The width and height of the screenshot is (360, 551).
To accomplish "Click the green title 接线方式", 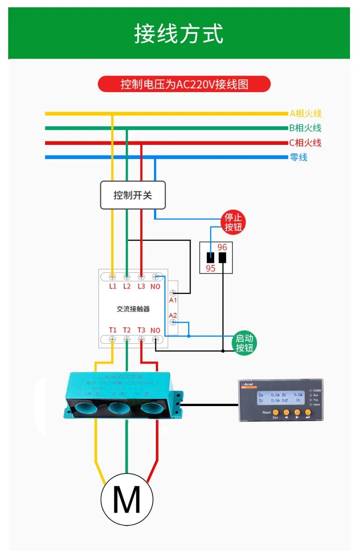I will click(179, 34).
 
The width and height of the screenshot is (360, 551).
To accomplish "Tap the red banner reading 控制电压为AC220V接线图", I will click(184, 84).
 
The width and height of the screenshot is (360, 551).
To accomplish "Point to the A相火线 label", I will click(305, 113).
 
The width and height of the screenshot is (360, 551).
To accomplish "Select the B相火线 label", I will click(305, 128).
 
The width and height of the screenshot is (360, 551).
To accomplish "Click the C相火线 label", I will click(305, 143).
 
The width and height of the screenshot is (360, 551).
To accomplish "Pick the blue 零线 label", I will click(298, 157).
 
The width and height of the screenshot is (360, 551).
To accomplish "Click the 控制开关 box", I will click(133, 196).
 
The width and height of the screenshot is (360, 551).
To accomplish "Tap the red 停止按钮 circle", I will click(233, 222).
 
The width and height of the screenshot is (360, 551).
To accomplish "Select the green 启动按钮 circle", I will click(244, 344).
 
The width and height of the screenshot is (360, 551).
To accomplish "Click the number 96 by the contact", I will click(222, 247).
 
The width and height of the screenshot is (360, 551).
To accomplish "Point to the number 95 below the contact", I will click(211, 268).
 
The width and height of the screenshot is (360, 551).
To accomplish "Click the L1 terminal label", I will click(113, 286).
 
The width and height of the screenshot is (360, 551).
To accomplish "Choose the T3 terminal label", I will click(141, 330).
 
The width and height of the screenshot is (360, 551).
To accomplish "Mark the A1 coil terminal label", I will click(173, 300).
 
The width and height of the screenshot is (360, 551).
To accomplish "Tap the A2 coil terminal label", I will click(173, 315).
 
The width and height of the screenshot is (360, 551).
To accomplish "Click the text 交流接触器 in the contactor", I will click(133, 309).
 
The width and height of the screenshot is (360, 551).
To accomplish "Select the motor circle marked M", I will click(126, 500).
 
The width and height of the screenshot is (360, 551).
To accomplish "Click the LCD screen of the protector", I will click(280, 397).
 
